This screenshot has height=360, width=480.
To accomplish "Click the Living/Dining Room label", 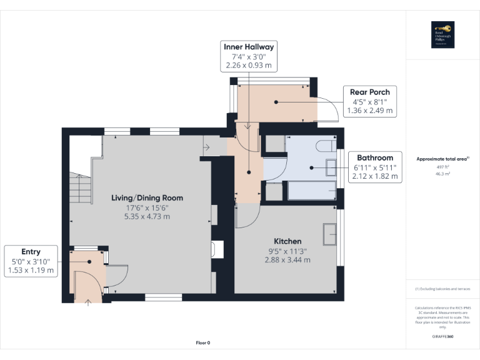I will tap(147, 198).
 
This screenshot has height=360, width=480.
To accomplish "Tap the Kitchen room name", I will tap(287, 241).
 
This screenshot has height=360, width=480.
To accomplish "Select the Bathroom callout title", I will tap(375, 157).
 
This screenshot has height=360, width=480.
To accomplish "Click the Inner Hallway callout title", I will tap(249, 47).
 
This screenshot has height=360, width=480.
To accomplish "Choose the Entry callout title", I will tap(31, 252).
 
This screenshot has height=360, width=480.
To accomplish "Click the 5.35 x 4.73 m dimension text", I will tap(147, 217).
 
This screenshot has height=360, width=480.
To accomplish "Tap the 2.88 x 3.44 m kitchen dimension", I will tap(287, 260).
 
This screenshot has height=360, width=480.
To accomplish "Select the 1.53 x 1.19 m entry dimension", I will tap(31, 271).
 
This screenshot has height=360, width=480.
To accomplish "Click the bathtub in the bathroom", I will tap(311, 190).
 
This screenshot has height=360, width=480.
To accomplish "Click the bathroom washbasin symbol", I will tap(331, 167).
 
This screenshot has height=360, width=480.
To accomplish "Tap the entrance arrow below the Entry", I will tap(87, 303).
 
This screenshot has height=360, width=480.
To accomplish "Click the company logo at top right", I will tap(442, 35).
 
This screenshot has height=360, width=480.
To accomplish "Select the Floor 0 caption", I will tap(203, 342).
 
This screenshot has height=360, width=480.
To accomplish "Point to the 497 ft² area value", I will tap(442, 167).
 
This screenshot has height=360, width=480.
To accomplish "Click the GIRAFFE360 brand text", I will tap(442, 337).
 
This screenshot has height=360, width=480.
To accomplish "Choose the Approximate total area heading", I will tap(442, 159).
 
